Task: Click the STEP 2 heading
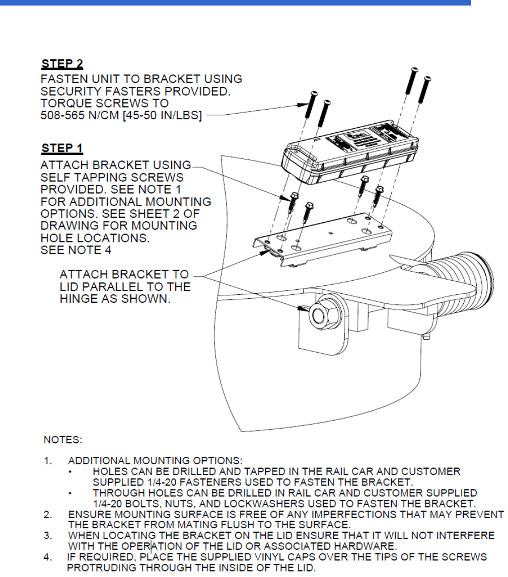[62, 64]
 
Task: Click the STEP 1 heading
[62, 149]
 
